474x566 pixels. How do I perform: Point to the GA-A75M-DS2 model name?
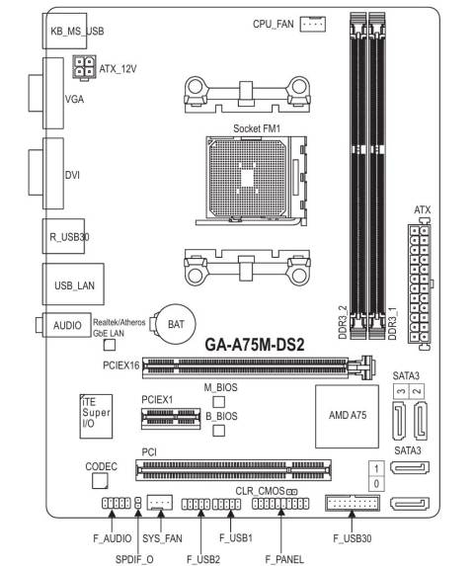pyautogui.click(x=253, y=347)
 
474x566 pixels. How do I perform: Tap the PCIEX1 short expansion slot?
pyautogui.click(x=168, y=420)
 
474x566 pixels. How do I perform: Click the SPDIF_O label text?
pyautogui.click(x=137, y=559)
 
